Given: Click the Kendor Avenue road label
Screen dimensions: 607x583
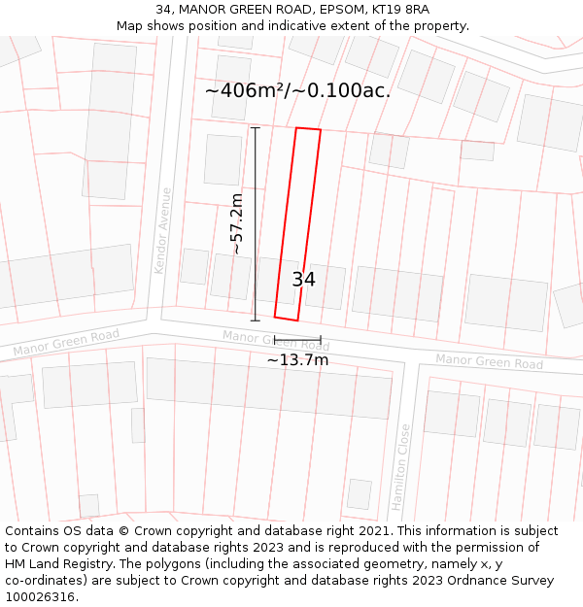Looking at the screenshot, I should pyautogui.click(x=162, y=230).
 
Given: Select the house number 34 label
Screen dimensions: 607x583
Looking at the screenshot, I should pyautogui.click(x=303, y=280).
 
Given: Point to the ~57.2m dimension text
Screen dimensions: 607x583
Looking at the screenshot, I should pyautogui.click(x=236, y=224).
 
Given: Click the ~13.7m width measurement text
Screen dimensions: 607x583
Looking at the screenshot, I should pyautogui.click(x=297, y=360).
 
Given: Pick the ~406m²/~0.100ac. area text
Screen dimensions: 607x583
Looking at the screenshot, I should pyautogui.click(x=297, y=90).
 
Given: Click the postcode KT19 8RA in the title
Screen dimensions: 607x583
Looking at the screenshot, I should pyautogui.click(x=402, y=10).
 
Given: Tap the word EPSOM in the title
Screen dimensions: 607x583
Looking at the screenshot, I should pyautogui.click(x=332, y=10).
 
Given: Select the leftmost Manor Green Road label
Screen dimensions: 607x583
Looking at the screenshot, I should pyautogui.click(x=66, y=342).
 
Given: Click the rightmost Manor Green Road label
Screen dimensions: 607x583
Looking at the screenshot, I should pyautogui.click(x=489, y=361).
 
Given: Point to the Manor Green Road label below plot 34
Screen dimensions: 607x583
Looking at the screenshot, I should pyautogui.click(x=275, y=340).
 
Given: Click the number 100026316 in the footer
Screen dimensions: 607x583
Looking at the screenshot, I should pyautogui.click(x=40, y=597).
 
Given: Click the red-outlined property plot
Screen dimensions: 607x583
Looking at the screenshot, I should pyautogui.click(x=297, y=223).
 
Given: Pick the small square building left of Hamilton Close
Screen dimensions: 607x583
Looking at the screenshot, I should pyautogui.click(x=360, y=493).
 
